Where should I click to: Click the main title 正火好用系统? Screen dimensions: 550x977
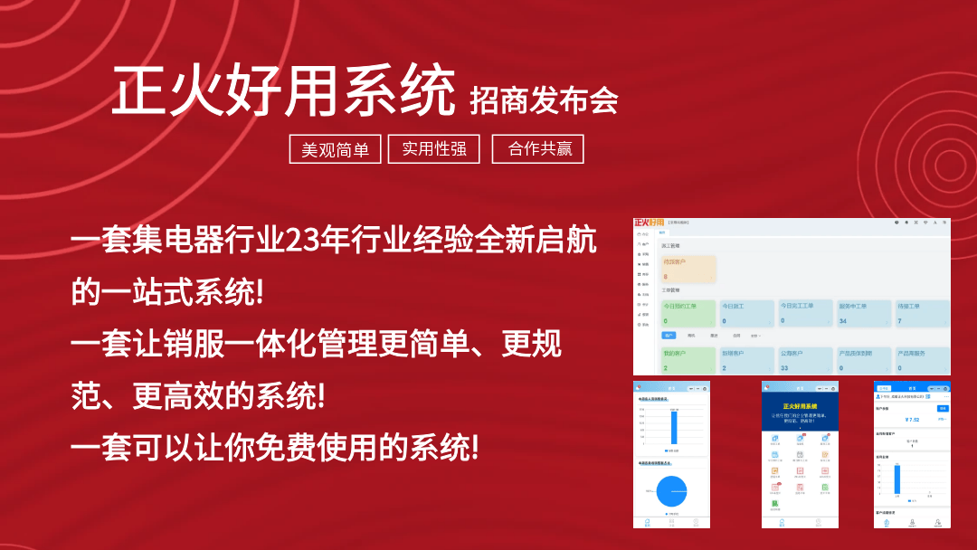click(283, 90)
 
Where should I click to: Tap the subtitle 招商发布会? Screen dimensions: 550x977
click(544, 101)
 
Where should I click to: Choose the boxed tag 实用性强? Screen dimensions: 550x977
click(434, 149)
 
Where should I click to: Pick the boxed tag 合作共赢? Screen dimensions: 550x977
click(539, 149)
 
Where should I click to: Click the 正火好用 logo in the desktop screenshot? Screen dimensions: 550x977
click(650, 223)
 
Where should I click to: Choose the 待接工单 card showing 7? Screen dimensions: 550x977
click(922, 313)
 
